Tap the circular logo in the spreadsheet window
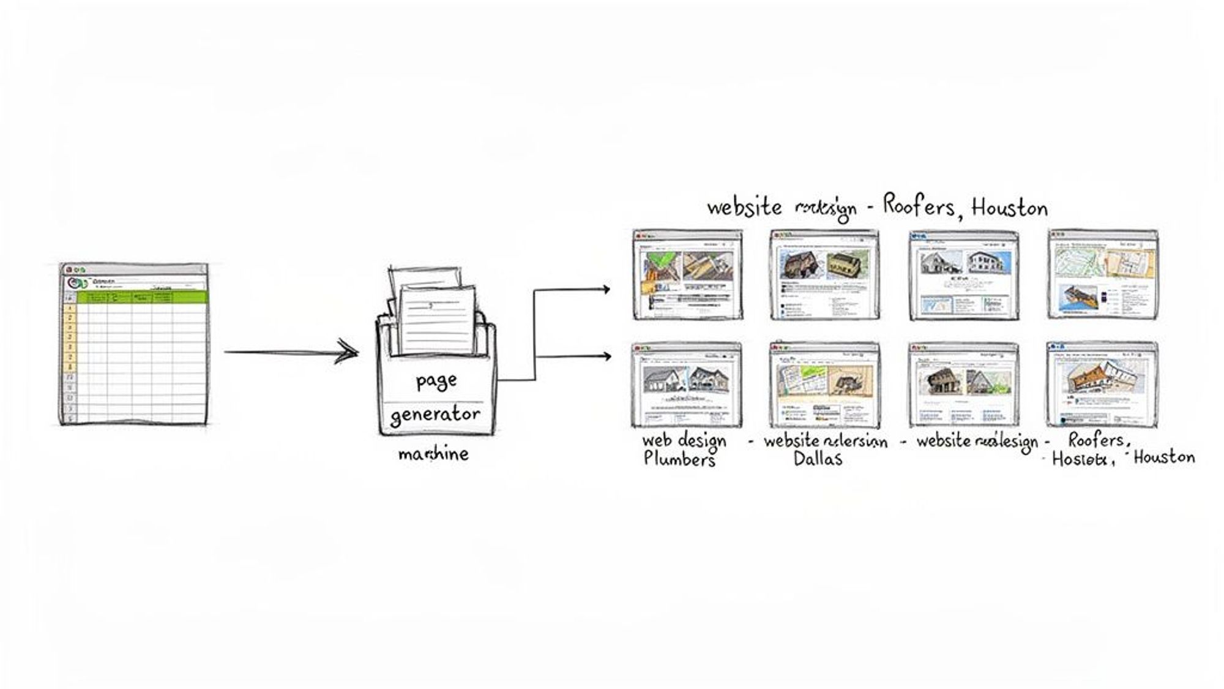tap(76, 283)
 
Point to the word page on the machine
tap(436, 381)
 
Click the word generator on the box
tap(435, 415)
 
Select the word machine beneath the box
tap(433, 454)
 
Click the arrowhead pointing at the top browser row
tap(606, 289)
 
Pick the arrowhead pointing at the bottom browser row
tap(606, 356)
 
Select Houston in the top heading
tap(1009, 208)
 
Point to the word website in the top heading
tap(744, 207)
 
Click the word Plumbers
tap(679, 459)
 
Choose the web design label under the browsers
tap(684, 440)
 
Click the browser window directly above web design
tap(687, 385)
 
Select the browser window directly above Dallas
tap(825, 385)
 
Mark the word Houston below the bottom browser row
tap(1163, 457)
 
